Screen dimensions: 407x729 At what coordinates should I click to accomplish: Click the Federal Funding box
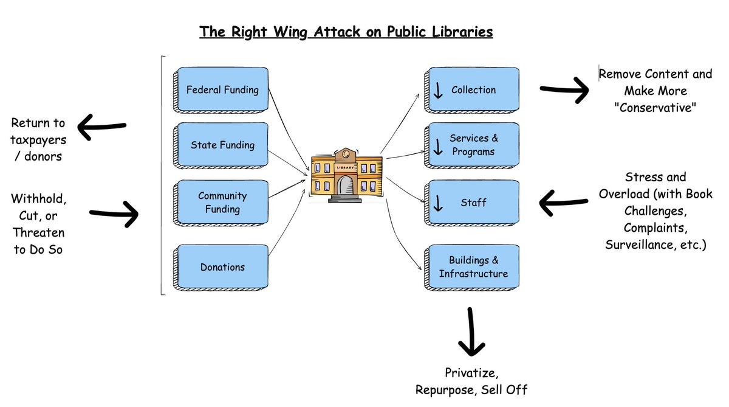coord(222,89)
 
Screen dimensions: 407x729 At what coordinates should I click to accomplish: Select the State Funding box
coord(222,145)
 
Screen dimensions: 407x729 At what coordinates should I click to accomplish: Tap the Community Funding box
coord(222,203)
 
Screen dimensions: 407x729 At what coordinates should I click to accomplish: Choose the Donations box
coord(222,266)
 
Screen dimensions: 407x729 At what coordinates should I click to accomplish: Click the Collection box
coord(473,89)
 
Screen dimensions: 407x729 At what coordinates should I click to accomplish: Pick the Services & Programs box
coord(473,145)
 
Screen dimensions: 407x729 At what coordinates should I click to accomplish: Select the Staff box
coord(473,202)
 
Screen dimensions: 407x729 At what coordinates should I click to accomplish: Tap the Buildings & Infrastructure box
coord(473,266)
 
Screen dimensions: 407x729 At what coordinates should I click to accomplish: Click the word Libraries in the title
coord(461,32)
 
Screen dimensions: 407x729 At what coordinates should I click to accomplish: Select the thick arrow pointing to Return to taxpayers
coord(101,127)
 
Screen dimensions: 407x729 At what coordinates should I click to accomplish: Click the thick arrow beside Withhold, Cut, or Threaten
coord(115,214)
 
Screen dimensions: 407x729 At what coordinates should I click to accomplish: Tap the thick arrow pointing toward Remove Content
coord(564,90)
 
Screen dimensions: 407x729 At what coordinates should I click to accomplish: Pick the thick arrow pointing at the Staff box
coord(564,202)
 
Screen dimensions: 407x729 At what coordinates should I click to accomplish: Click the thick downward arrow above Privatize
coord(470,332)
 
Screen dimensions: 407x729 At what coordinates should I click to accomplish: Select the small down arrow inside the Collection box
coord(437,91)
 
